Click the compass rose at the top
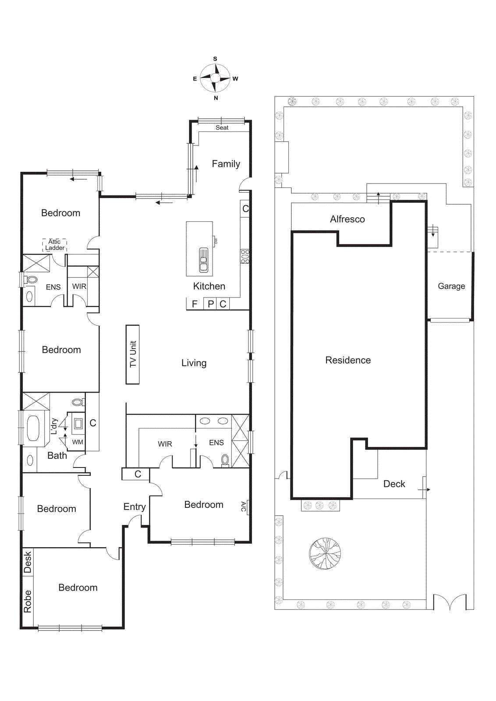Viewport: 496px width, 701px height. click(x=215, y=78)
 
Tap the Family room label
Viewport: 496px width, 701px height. click(x=226, y=164)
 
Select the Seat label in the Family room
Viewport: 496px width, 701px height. click(x=222, y=127)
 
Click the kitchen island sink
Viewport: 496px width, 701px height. click(x=203, y=260)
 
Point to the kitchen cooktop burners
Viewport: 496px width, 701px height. click(x=245, y=256)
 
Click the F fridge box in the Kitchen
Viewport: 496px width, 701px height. click(x=195, y=304)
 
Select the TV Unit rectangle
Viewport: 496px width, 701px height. click(x=133, y=354)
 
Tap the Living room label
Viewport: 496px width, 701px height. click(x=194, y=363)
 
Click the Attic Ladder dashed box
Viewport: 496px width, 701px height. click(x=55, y=244)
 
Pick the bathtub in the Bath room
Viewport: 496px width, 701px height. click(x=33, y=428)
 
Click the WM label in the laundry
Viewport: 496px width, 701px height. click(x=78, y=442)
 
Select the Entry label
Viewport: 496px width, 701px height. click(x=135, y=506)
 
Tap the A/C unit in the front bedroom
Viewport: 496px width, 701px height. click(x=244, y=506)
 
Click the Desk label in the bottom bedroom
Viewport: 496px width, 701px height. click(x=28, y=562)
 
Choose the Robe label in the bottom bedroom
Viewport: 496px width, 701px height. click(x=28, y=601)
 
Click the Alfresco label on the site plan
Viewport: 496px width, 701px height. click(x=347, y=219)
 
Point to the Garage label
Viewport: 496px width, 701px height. click(x=451, y=286)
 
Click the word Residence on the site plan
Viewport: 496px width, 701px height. click(x=348, y=360)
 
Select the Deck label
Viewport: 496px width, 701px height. click(x=394, y=484)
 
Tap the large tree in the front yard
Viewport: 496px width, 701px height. click(x=325, y=553)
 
